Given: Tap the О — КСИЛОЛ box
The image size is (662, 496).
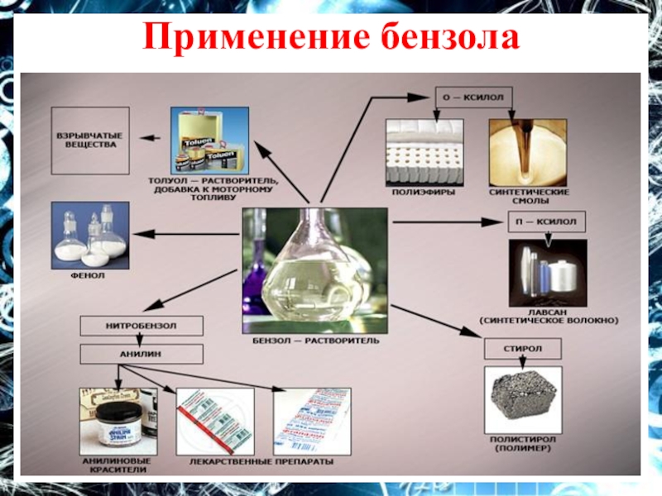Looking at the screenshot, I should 474,98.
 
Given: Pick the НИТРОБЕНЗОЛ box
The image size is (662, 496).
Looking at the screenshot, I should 141,326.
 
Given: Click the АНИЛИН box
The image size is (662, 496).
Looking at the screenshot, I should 141,354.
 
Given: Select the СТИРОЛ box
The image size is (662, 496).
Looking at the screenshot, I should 523,349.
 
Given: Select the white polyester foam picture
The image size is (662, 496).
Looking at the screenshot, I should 425,153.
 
